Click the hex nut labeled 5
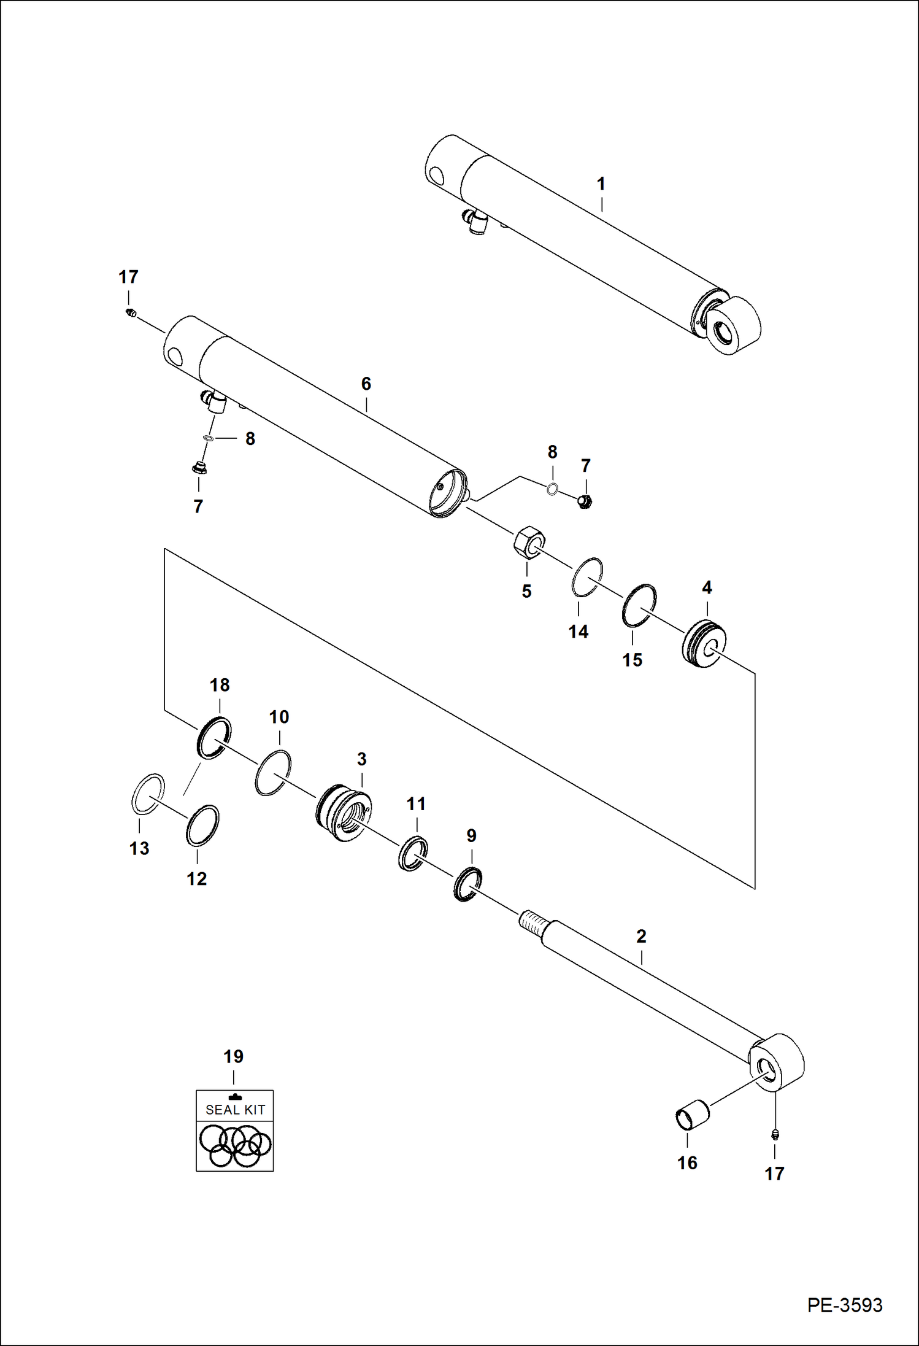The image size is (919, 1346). pos(529,542)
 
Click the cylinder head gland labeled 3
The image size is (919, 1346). pos(344,813)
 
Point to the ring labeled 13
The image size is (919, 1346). pos(148,794)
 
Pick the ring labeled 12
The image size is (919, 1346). pos(202,825)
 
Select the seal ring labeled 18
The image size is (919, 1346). pos(213,737)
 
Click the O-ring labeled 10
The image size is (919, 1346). pos(273,772)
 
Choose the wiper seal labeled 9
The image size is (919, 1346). pos(467,884)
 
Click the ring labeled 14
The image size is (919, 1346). pos(587,576)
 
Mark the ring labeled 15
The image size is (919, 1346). pos(639,605)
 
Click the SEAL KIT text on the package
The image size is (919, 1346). pos(235,1110)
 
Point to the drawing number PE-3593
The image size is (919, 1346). pos(844,1305)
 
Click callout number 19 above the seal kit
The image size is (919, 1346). pos(233,1057)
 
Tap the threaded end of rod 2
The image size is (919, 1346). pos(532,924)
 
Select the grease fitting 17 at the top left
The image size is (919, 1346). pos(129,314)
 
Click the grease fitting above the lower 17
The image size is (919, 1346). pos(774,1134)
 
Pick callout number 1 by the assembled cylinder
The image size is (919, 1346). pos(601,184)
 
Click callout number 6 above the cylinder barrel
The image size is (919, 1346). pos(366,384)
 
